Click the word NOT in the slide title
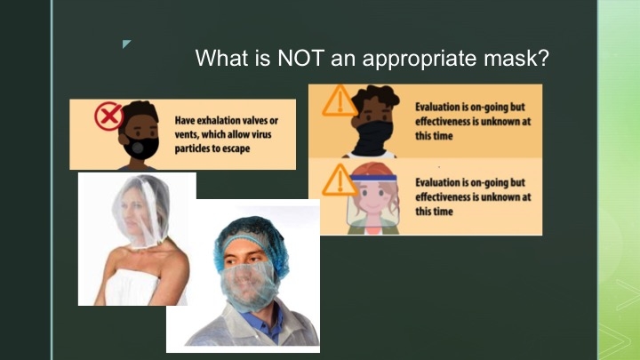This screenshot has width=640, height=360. click(x=300, y=58)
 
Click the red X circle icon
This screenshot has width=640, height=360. click(x=108, y=116)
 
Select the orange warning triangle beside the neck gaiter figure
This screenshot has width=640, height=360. click(x=340, y=100)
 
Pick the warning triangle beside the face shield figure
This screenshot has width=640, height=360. click(x=340, y=180)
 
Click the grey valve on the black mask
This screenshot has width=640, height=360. click(x=138, y=148)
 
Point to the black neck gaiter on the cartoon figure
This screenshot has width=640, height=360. click(x=373, y=137)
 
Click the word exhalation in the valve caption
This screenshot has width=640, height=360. click(x=220, y=120)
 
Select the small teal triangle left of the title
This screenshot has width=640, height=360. click(x=126, y=44)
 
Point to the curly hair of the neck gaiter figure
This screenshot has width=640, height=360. click(x=375, y=98)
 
